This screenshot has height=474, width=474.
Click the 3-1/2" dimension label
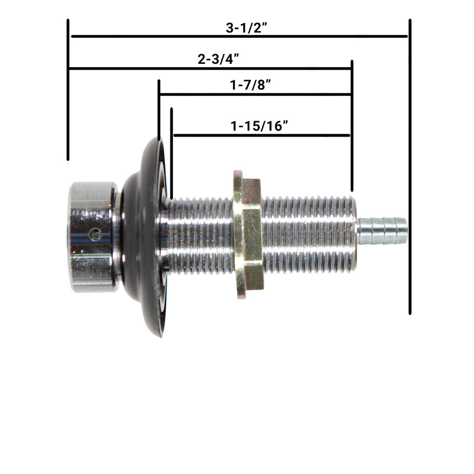[x=247, y=28]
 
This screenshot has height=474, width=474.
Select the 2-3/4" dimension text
[x=218, y=59]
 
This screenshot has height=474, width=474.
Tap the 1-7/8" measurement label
[x=250, y=85]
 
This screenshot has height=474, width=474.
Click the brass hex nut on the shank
[x=248, y=234]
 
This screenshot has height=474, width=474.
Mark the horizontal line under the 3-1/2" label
[x=239, y=36]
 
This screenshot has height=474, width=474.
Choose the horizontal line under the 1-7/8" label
[x=255, y=94]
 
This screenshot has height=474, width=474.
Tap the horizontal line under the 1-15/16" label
[x=262, y=135]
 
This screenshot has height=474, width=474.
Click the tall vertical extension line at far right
[x=410, y=167]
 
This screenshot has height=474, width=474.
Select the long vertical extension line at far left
[x=68, y=90]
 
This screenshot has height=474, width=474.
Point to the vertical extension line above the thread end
[x=352, y=125]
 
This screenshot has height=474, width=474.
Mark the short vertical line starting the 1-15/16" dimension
[x=172, y=153]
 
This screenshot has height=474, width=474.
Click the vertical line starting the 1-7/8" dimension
[x=159, y=111]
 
